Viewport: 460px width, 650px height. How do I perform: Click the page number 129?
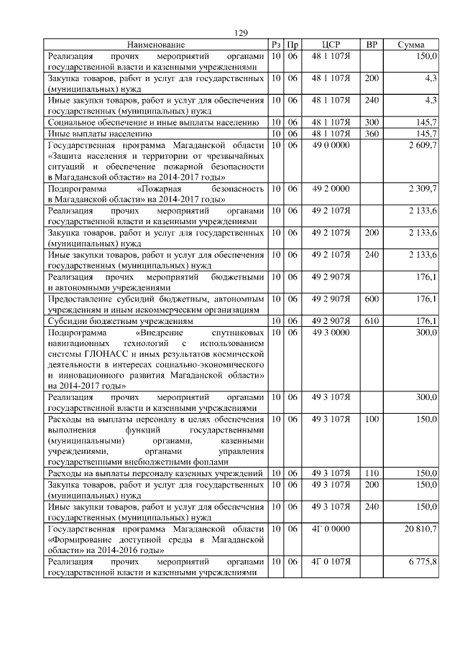click(x=241, y=34)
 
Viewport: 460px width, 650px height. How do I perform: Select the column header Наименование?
click(x=156, y=45)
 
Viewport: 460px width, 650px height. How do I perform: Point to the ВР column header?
click(x=372, y=45)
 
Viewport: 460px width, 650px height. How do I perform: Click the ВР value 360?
click(x=372, y=134)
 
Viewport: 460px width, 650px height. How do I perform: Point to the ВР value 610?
click(x=372, y=321)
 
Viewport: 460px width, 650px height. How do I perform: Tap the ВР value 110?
click(x=372, y=473)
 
